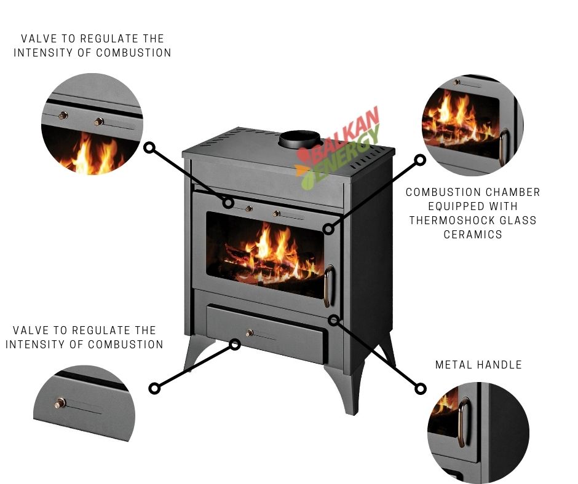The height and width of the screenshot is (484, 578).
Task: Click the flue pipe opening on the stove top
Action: (299, 139)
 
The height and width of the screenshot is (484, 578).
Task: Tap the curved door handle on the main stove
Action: (328, 286)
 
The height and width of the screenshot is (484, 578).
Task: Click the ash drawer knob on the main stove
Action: (250, 333)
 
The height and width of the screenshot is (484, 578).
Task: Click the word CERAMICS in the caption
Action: (473, 235)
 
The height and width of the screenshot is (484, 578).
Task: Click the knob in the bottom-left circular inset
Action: (60, 403)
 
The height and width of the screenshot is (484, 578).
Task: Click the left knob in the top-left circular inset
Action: (63, 115)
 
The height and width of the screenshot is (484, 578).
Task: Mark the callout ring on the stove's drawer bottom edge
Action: (235, 345)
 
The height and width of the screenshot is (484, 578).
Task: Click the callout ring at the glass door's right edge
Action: (328, 229)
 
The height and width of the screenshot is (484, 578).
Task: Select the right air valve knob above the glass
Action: (277, 213)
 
